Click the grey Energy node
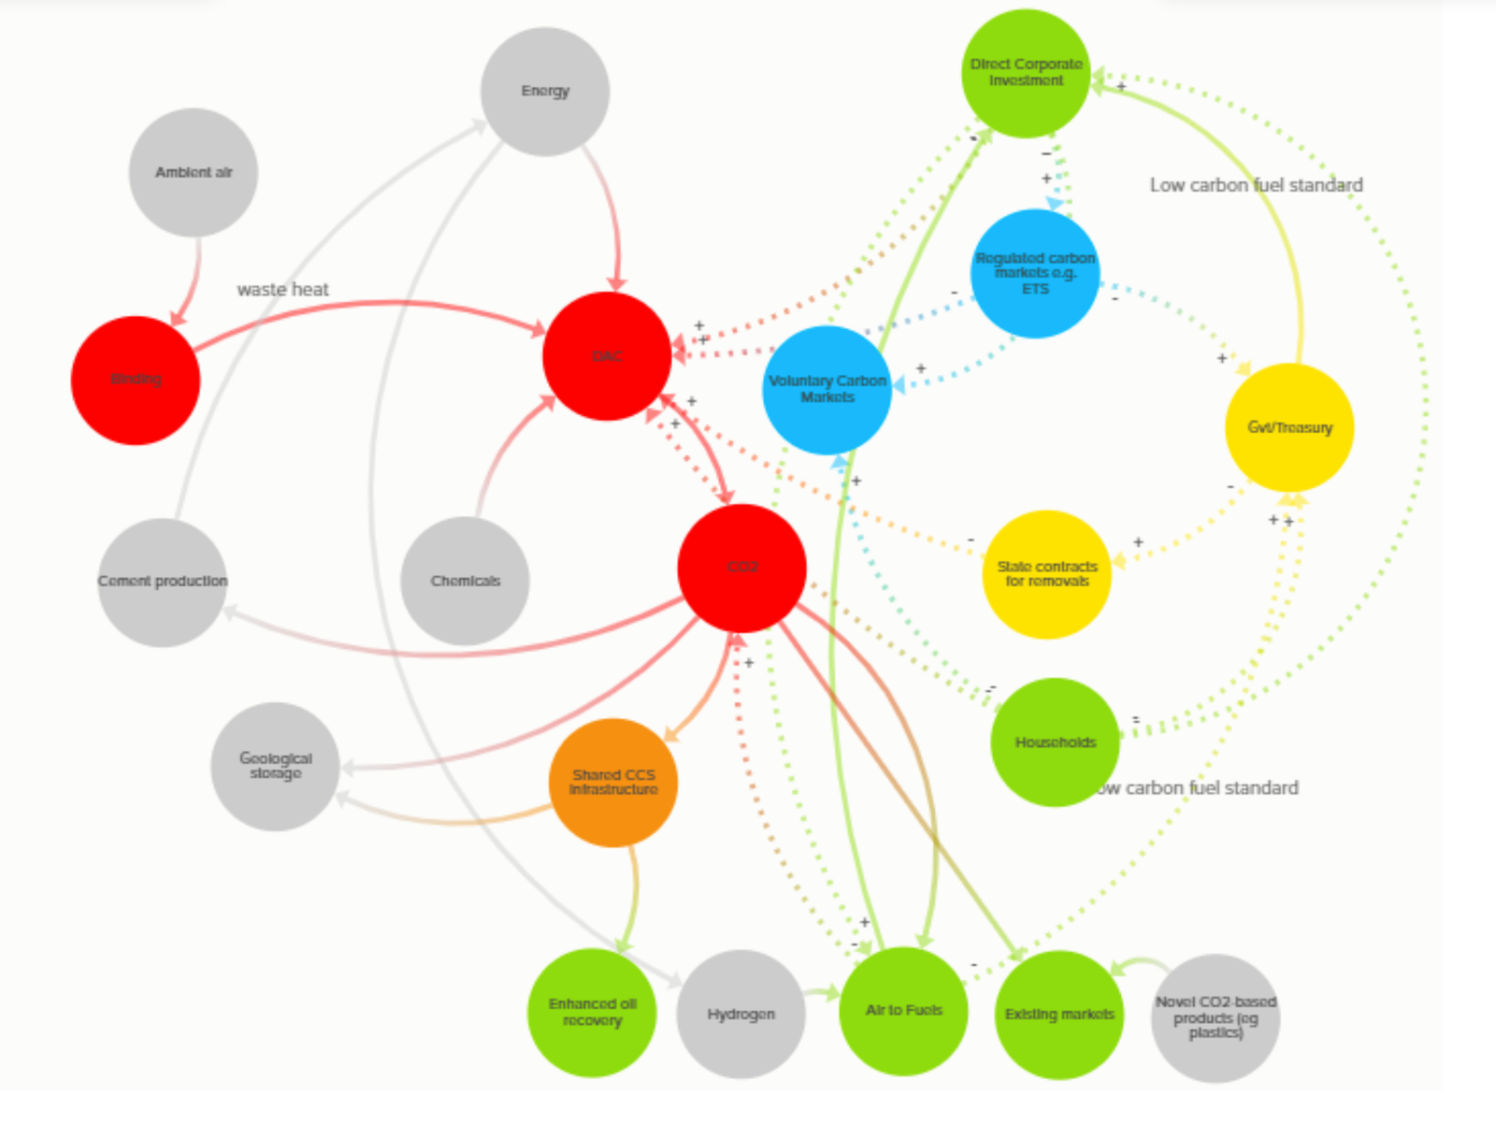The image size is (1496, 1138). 545,92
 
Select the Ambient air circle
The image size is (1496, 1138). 194,172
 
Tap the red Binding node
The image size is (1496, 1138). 136,380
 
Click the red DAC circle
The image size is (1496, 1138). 607,356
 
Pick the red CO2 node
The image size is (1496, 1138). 741,568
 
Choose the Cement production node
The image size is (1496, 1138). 163,582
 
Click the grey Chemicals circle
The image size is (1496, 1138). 465,581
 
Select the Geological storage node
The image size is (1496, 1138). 276,766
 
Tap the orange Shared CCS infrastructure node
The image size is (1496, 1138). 613,783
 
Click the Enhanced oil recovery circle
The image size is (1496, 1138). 592,1012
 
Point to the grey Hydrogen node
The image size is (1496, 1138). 741,1014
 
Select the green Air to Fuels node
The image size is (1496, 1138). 903,1011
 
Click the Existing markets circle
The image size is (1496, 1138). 1059,1015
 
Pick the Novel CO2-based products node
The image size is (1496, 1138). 1215,1017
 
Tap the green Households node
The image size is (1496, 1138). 1055,742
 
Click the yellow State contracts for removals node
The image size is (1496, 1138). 1047,574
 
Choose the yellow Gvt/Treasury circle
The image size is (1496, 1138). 1289,427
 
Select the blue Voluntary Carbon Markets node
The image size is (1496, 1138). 827,389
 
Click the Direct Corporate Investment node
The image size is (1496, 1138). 1026,73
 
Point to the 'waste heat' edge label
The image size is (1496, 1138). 282,290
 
